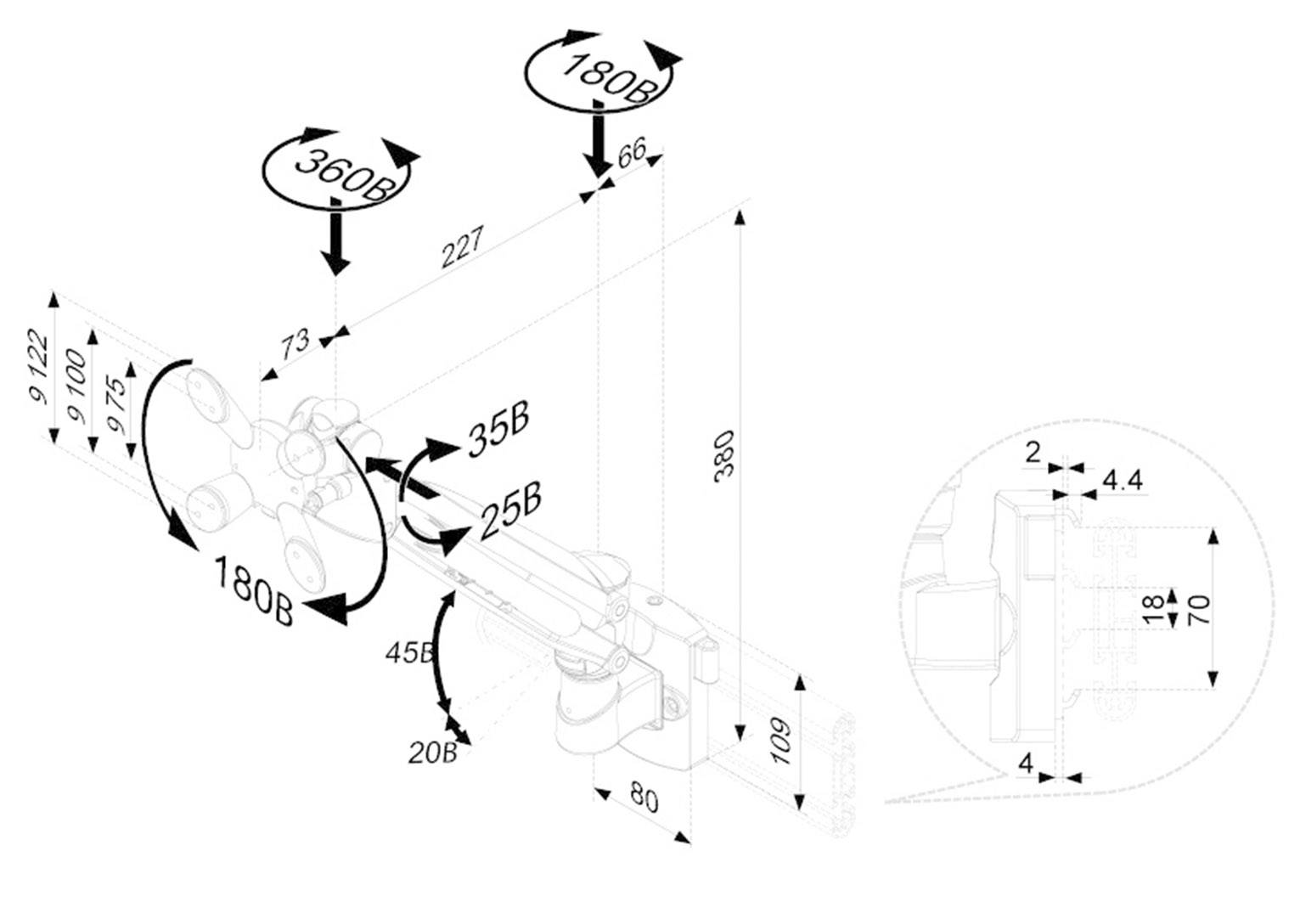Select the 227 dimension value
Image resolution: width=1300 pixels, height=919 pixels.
pyautogui.click(x=462, y=245)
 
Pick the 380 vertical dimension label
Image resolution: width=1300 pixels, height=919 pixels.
pyautogui.click(x=723, y=456)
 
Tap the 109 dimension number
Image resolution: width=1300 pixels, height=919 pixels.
pyautogui.click(x=781, y=741)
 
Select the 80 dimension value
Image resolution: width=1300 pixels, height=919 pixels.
pyautogui.click(x=644, y=798)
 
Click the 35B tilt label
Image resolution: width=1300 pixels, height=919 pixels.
pyautogui.click(x=499, y=431)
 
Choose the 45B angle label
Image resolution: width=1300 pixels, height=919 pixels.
pyautogui.click(x=409, y=652)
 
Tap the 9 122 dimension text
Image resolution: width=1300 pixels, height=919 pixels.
pyautogui.click(x=38, y=371)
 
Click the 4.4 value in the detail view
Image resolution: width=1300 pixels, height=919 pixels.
pyautogui.click(x=1122, y=481)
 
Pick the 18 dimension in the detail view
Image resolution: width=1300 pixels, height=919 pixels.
pyautogui.click(x=1152, y=609)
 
